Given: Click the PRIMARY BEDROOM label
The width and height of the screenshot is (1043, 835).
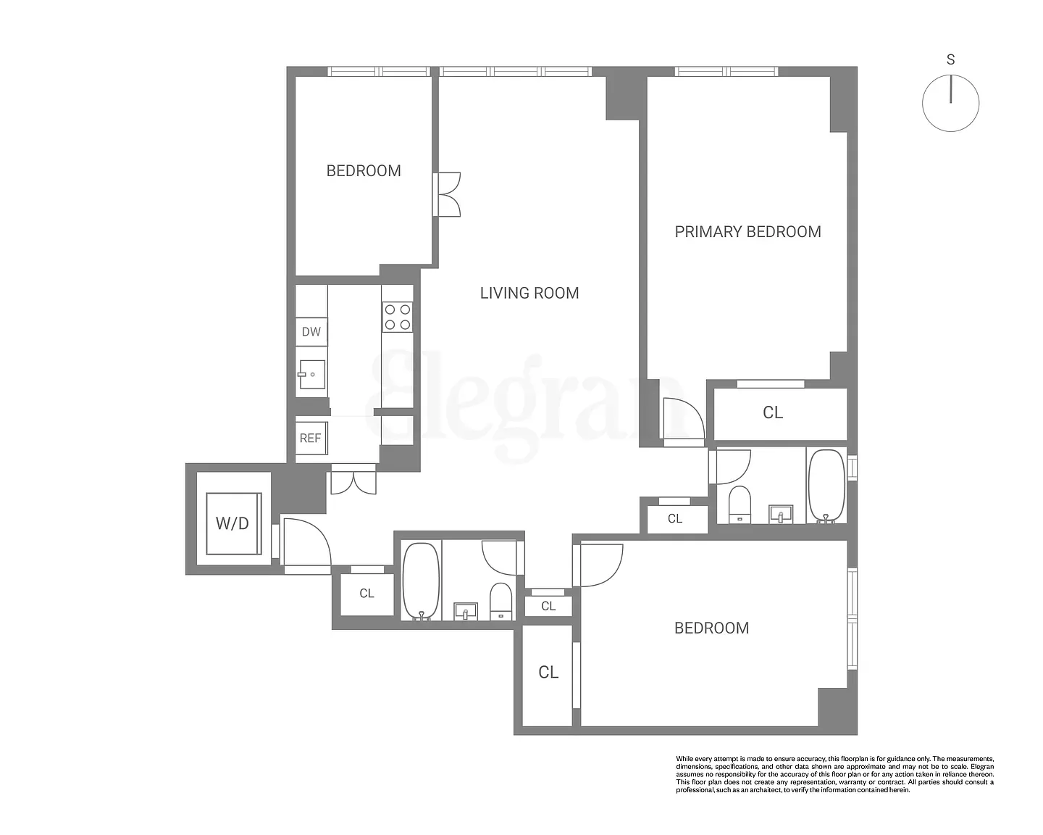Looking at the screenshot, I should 747,232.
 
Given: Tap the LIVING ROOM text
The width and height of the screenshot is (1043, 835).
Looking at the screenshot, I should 529,293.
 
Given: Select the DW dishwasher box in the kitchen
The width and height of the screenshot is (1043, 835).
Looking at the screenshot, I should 311,332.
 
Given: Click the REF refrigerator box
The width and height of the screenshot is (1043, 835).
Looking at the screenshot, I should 311,438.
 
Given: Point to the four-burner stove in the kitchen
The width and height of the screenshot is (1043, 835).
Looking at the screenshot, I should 398,317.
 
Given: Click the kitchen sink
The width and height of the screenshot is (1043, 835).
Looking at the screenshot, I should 311,374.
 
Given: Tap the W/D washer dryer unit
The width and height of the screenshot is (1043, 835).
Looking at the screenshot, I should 233,523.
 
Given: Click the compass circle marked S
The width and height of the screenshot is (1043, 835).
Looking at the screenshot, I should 950,104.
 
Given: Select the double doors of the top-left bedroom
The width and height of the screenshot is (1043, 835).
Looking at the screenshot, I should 447,194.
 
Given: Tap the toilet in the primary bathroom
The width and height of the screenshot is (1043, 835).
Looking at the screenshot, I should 740,504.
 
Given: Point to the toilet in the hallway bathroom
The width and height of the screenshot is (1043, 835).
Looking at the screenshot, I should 501,602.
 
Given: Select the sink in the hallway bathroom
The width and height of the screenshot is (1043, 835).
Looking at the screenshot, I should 466,611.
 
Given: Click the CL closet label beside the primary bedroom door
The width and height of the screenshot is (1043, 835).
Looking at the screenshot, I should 773,412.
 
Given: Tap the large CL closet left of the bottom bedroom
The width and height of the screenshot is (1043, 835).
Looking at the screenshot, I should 548,673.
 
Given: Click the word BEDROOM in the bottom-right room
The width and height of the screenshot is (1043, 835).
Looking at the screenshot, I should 711,628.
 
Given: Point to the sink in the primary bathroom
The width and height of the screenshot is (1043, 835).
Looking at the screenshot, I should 780,514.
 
